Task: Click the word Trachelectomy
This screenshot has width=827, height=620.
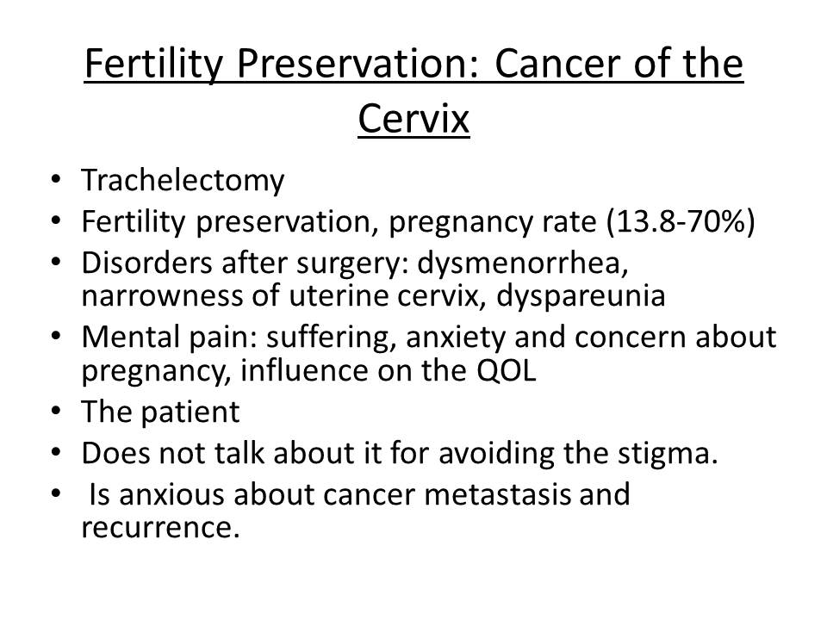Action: (183, 180)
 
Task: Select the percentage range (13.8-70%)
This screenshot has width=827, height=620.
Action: (681, 221)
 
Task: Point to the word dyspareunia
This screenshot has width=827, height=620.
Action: (581, 296)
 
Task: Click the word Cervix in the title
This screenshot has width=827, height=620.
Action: (413, 119)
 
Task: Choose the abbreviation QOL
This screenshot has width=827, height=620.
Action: (507, 370)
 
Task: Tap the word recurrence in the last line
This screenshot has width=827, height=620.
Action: (160, 527)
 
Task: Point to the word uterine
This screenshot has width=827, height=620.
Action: (338, 296)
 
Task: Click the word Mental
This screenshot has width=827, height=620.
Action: (130, 337)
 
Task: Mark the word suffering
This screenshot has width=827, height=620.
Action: (331, 338)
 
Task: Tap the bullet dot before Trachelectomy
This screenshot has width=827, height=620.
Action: (56, 179)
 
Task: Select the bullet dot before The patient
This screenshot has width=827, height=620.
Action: (56, 411)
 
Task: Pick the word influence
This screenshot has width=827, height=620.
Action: (304, 370)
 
